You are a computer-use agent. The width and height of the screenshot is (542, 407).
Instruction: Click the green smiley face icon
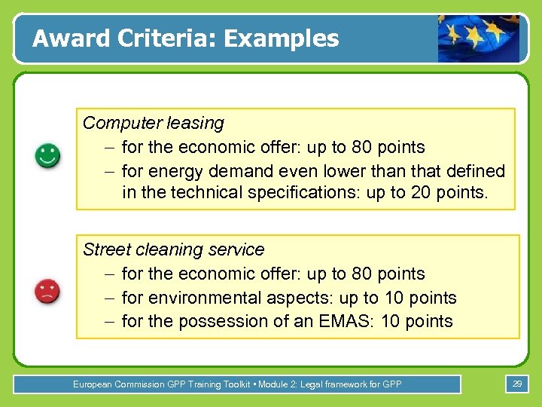tap(47, 157)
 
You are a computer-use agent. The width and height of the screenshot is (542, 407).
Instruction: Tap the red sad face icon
tap(47, 291)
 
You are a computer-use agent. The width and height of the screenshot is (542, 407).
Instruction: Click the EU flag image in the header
tap(479, 38)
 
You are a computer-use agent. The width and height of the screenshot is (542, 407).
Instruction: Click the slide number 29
tap(516, 384)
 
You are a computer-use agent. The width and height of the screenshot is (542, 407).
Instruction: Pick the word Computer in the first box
tap(117, 123)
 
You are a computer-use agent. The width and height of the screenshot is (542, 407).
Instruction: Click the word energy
tap(177, 171)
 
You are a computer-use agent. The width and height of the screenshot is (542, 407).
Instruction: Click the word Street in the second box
tap(105, 249)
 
